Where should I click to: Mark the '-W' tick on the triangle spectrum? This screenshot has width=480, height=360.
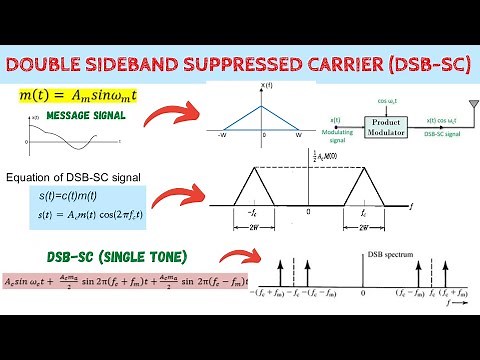(x=219, y=134)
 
